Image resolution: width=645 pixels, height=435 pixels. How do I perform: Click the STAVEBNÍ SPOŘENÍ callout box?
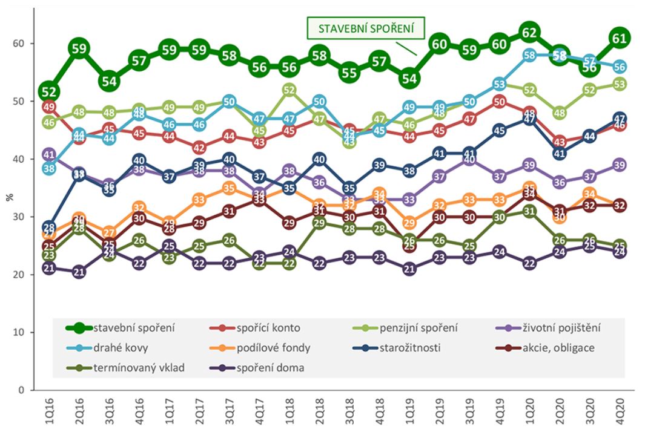click(365, 28)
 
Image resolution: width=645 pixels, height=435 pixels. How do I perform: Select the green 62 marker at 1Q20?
click(529, 32)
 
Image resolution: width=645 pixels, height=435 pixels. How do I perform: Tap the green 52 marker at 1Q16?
click(49, 91)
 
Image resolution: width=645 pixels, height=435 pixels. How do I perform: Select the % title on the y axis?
click(8, 197)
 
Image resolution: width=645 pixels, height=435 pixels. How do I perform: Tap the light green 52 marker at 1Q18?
click(289, 90)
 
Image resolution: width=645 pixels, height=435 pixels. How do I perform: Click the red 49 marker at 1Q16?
click(49, 107)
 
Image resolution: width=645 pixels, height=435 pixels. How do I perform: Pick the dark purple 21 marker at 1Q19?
click(409, 269)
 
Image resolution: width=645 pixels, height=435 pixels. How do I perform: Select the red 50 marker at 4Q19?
click(499, 102)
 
